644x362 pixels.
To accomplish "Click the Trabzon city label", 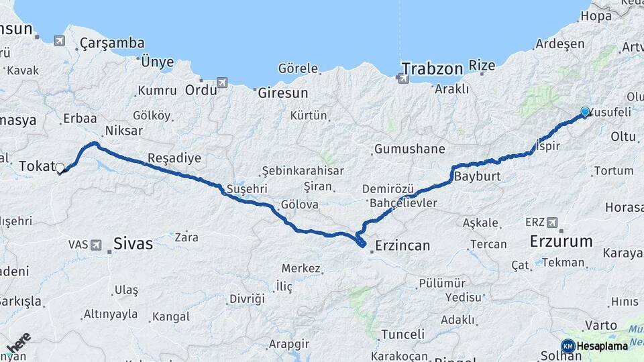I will [433, 68].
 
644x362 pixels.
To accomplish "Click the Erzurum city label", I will [561, 241].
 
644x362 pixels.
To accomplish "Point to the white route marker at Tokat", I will [60, 168].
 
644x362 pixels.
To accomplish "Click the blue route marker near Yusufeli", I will [585, 112].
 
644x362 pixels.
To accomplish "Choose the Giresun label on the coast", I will [282, 93].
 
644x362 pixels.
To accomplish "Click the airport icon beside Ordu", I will [222, 82].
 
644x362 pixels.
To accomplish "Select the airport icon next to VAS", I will [96, 245].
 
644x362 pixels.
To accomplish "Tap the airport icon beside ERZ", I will [552, 223].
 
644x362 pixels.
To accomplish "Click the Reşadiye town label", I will [174, 158].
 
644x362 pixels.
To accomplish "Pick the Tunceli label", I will [402, 334].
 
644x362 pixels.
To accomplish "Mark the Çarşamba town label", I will [112, 43].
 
